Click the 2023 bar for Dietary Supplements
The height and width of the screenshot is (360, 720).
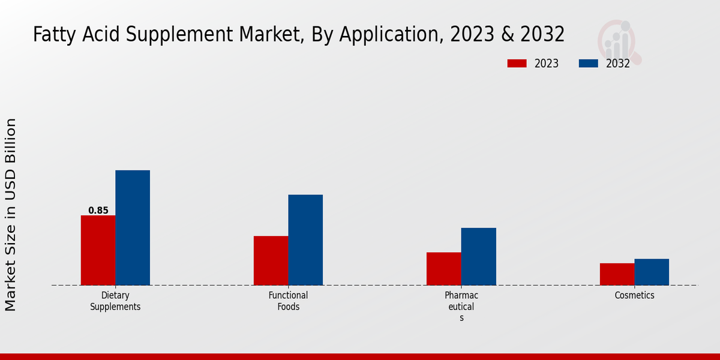click(98, 250)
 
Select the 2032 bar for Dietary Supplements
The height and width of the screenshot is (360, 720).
click(133, 227)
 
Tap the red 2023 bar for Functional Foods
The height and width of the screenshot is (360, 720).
click(271, 260)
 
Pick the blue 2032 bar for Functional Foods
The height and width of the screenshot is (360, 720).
click(305, 240)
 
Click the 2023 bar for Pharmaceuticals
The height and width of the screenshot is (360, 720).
click(444, 269)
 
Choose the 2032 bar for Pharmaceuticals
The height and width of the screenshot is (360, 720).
click(479, 256)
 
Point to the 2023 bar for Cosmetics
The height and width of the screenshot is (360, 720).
click(617, 274)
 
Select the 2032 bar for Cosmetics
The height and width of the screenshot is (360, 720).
click(652, 272)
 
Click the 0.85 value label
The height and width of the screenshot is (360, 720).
click(98, 211)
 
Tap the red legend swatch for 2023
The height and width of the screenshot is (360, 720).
click(517, 64)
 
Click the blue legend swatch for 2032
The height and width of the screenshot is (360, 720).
click(588, 64)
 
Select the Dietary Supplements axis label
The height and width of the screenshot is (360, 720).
click(115, 301)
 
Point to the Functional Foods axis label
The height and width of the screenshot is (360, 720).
click(288, 301)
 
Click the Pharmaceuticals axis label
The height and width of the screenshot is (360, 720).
click(461, 306)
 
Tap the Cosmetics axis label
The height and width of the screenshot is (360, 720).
click(634, 296)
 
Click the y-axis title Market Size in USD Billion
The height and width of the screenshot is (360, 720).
click(11, 215)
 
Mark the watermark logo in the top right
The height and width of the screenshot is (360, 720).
click(619, 41)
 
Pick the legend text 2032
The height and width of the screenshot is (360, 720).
click(617, 64)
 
